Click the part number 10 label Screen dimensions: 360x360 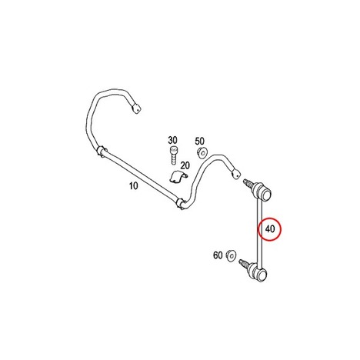(x=134, y=185)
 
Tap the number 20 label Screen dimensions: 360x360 (x=185, y=165)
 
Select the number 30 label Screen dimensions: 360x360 (x=172, y=140)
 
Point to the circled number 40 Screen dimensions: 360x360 (x=270, y=228)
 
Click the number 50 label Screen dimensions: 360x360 (x=200, y=141)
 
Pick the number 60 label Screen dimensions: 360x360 (x=218, y=255)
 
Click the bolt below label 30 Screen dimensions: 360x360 (x=174, y=155)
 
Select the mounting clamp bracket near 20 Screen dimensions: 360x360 (x=178, y=177)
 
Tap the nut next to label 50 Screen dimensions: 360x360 (x=202, y=154)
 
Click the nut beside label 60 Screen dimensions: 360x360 (x=232, y=255)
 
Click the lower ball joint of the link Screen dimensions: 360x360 (x=258, y=273)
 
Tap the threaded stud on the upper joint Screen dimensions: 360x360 (x=248, y=183)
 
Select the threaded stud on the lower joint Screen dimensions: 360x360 (x=244, y=264)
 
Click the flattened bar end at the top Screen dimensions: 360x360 (x=135, y=108)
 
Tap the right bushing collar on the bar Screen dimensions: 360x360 (x=181, y=203)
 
